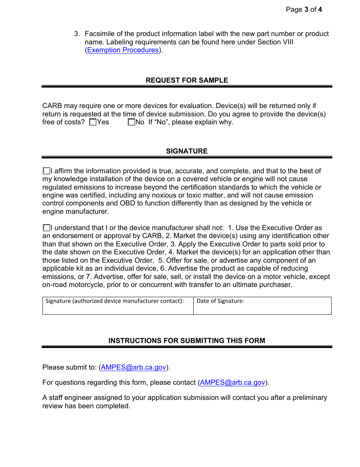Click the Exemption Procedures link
click(123, 50)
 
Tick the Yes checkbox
click(93, 122)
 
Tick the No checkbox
click(131, 122)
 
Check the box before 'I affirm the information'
click(46, 171)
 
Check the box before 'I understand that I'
click(46, 228)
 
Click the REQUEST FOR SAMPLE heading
click(187, 80)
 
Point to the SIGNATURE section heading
click(187, 151)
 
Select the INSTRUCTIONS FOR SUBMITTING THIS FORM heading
click(187, 341)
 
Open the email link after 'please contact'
click(232, 382)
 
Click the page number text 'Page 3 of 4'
click(304, 9)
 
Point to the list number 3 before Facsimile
click(77, 34)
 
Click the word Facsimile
click(100, 34)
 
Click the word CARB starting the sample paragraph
click(52, 106)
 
